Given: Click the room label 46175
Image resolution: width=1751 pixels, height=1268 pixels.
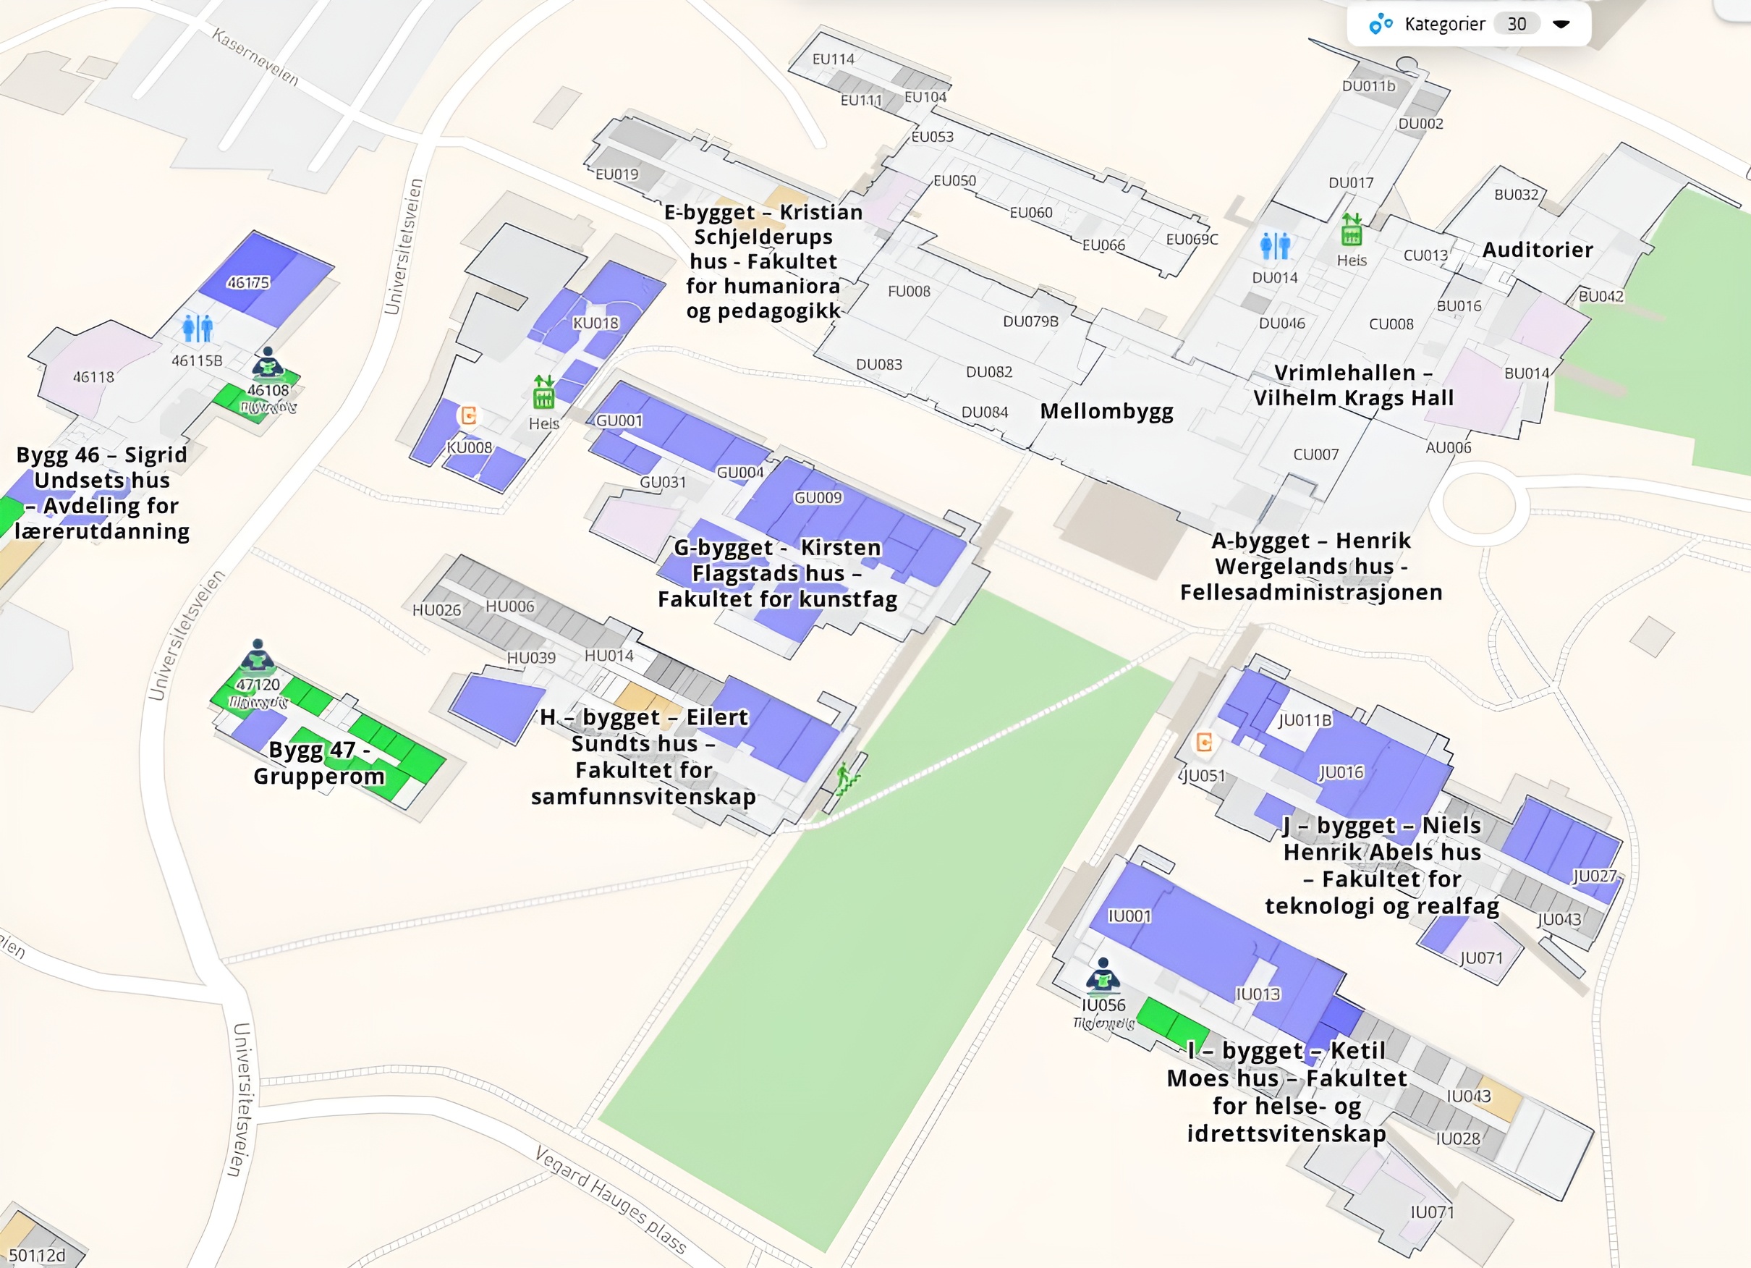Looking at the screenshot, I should [x=248, y=284].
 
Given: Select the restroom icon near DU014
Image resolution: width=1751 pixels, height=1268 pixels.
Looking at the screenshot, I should [x=1275, y=245].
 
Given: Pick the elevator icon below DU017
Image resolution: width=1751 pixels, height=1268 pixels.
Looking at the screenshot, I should [x=1351, y=229].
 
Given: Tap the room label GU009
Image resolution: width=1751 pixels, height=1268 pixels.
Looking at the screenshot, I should [x=818, y=498].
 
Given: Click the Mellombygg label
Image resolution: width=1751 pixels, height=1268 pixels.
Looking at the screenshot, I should [x=1106, y=412].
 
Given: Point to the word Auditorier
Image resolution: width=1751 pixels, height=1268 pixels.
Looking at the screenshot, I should [x=1536, y=250].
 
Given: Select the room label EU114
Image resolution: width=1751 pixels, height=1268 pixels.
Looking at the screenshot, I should [x=833, y=59].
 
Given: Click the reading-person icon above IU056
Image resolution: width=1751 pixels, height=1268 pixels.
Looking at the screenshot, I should [x=1103, y=975].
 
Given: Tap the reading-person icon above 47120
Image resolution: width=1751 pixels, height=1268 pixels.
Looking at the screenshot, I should [x=258, y=656].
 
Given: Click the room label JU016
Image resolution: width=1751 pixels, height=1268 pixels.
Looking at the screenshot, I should [x=1341, y=772].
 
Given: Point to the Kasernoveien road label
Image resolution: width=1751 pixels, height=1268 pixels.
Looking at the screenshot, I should [x=255, y=58].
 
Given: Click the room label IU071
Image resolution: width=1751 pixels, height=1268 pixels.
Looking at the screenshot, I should [x=1432, y=1212].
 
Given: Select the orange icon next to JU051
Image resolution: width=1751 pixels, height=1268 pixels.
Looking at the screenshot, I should [x=1203, y=743].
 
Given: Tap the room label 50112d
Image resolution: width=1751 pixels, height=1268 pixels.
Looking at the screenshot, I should [x=37, y=1256].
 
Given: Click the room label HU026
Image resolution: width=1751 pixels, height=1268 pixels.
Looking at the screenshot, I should [x=436, y=611].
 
